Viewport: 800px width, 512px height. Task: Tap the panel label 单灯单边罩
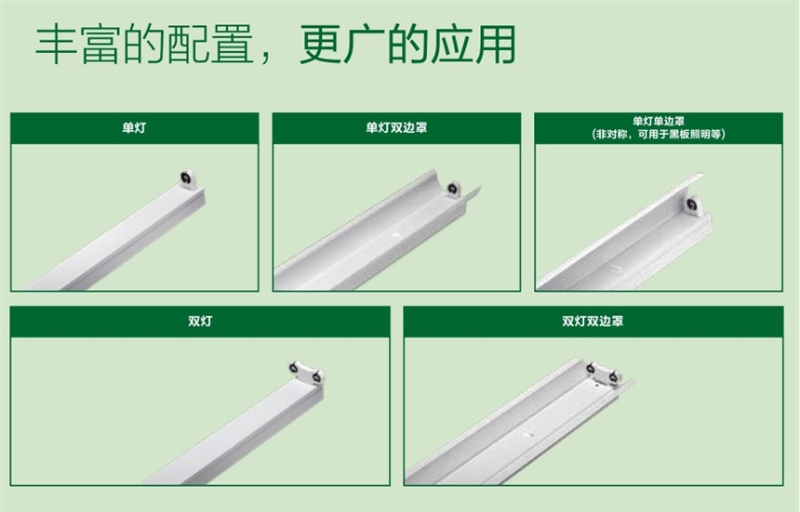tap(659, 121)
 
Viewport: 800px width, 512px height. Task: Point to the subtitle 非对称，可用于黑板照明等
tap(659, 134)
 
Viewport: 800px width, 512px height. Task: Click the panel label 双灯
tap(199, 322)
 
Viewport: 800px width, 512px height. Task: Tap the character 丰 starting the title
tap(53, 45)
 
